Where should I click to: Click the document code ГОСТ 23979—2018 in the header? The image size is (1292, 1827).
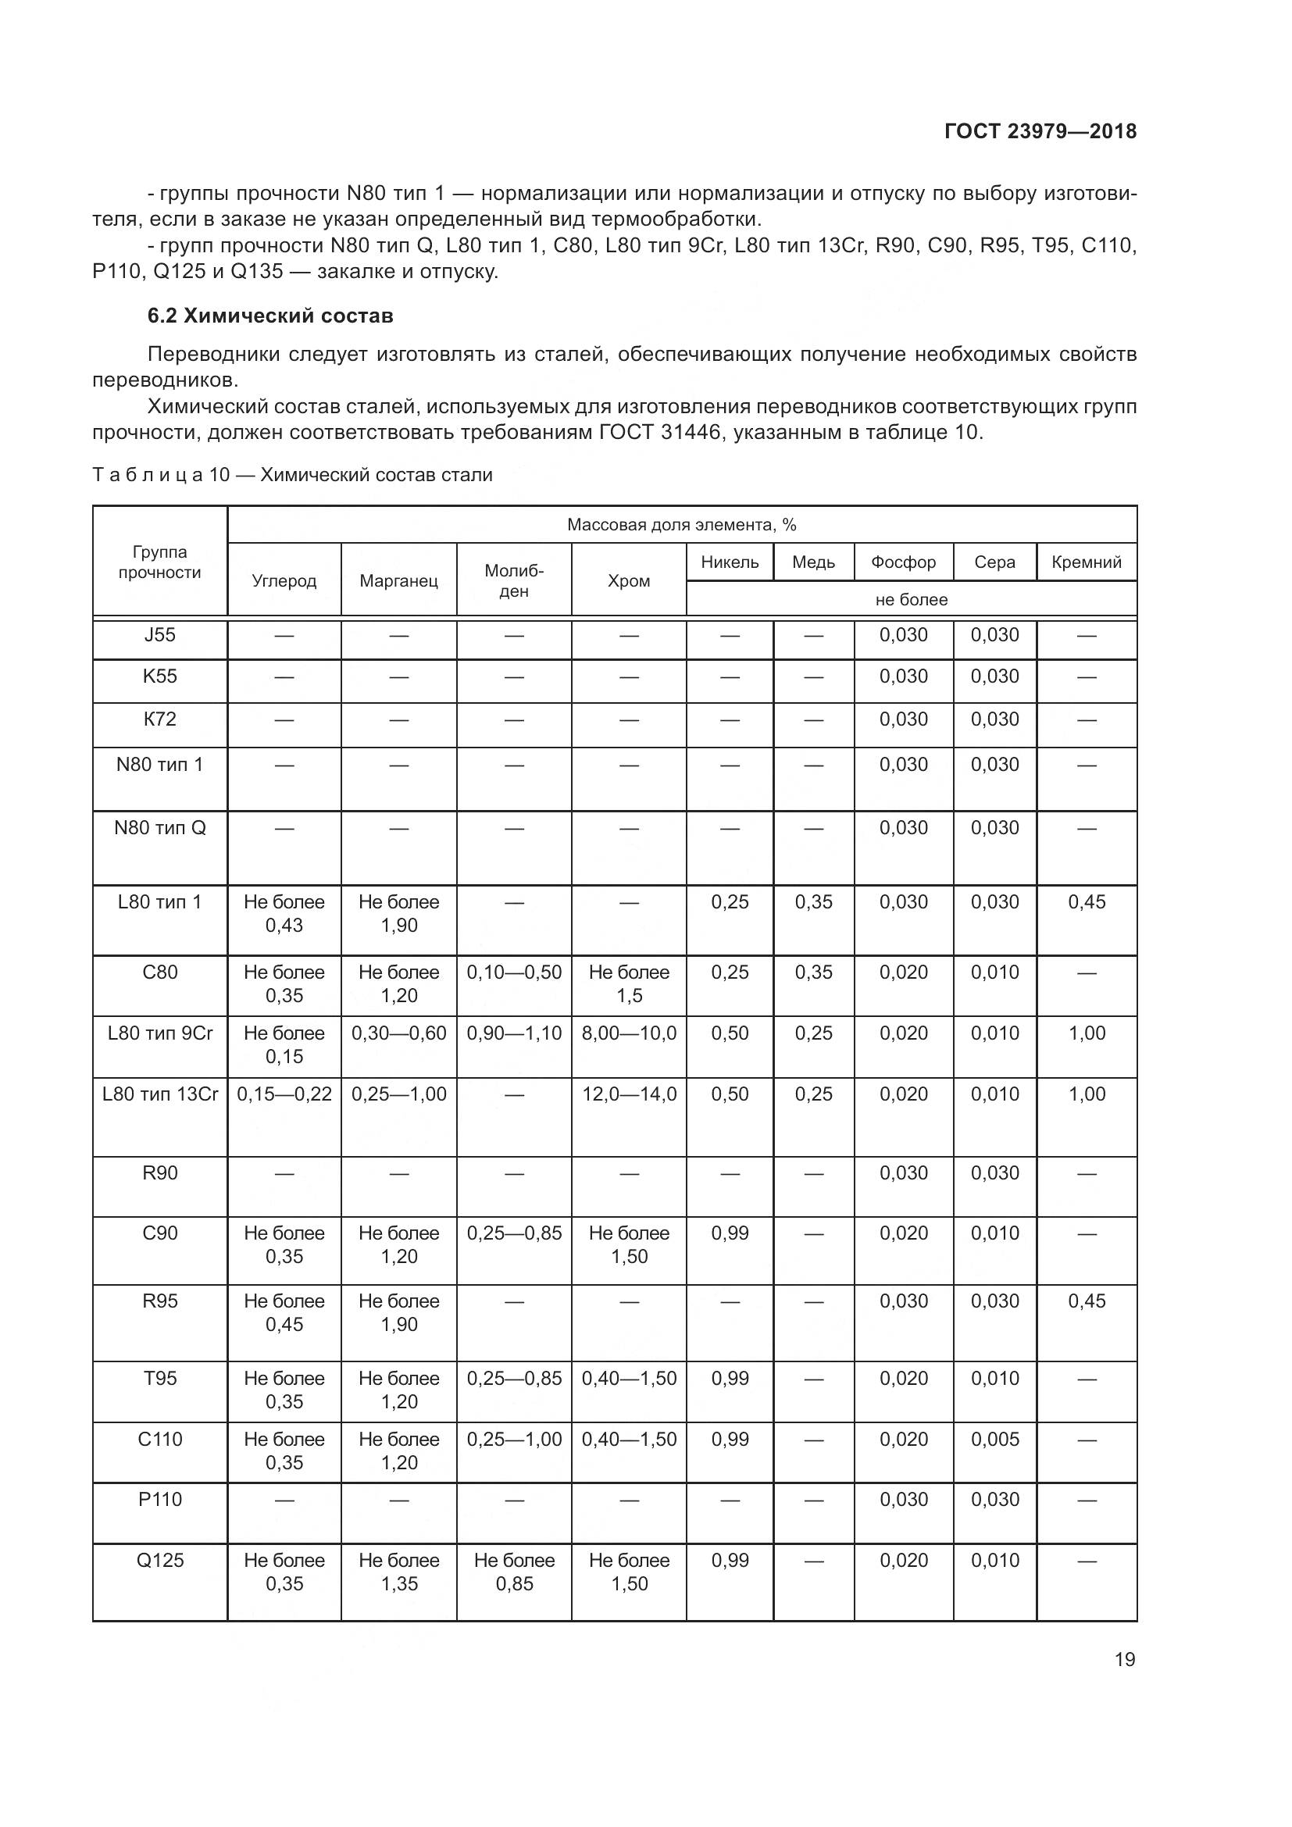1040,131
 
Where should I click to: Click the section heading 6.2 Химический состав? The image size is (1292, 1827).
269,316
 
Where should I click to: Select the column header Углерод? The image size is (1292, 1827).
284,581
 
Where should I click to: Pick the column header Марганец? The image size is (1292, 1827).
398,581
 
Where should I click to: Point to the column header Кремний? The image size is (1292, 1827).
1086,562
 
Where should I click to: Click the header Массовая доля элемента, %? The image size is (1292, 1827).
681,525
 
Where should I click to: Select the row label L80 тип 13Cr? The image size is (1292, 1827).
160,1094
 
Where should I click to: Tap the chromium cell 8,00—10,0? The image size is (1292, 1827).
629,1033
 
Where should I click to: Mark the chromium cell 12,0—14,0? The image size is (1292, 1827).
629,1094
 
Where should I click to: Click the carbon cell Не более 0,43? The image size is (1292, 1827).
284,914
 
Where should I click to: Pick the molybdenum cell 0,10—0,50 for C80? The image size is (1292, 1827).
514,972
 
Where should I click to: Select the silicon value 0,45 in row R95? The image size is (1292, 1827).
1086,1301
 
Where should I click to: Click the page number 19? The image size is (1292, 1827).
1124,1660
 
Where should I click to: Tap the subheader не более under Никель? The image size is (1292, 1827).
911,600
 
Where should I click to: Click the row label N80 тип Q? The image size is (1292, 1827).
160,828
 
